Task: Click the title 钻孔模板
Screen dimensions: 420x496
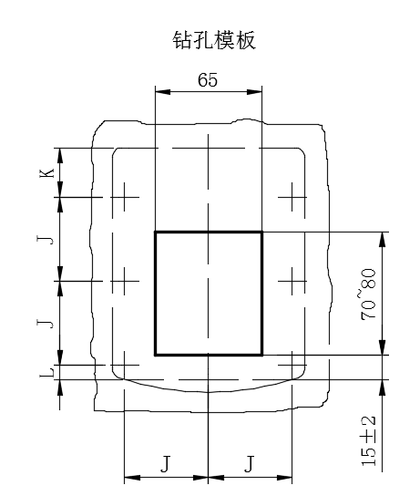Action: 214,40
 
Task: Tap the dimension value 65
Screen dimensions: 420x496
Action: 208,79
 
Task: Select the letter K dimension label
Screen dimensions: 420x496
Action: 46,173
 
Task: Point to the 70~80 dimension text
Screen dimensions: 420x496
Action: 368,294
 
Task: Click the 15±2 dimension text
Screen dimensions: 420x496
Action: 368,441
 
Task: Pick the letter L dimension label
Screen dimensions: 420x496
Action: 46,372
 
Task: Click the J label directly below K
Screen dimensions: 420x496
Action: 46,240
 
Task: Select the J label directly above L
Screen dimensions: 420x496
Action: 46,324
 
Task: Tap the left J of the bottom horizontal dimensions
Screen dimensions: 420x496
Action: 165,463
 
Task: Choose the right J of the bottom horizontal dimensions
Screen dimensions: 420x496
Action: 250,463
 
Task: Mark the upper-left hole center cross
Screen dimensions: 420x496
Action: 124,197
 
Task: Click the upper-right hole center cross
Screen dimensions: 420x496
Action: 292,197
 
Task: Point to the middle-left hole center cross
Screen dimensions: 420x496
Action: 124,281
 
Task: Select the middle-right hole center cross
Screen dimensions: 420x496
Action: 292,281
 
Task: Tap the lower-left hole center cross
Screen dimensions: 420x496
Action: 124,365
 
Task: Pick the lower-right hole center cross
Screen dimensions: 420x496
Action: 292,365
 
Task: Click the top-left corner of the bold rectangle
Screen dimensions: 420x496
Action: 156,232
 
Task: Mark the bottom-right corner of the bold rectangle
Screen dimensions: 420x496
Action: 262,355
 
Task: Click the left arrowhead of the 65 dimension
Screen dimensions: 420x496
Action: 163,92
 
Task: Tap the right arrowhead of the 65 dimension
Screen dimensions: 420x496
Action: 254,92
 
